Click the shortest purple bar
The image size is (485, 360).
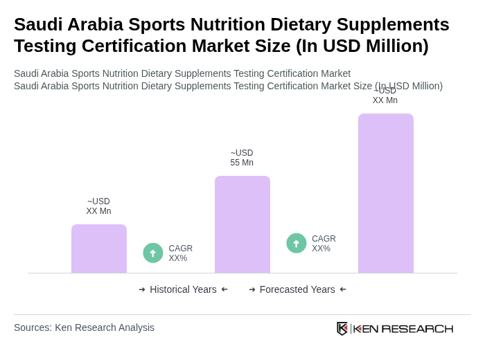(x=99, y=249)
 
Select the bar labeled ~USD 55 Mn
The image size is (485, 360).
(x=242, y=224)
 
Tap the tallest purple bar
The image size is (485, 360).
(x=386, y=193)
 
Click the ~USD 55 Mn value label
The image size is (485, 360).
(x=242, y=158)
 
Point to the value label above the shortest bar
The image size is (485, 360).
(x=98, y=206)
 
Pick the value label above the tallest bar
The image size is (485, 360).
(x=385, y=96)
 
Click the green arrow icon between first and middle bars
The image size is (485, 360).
(x=153, y=253)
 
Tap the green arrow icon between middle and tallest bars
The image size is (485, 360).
(x=297, y=243)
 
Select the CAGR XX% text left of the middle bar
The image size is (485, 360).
(x=180, y=253)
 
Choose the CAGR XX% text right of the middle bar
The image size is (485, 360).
(x=324, y=244)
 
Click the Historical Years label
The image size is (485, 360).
(x=183, y=289)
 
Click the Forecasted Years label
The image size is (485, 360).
(x=297, y=289)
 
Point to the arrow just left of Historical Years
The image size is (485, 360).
(x=142, y=289)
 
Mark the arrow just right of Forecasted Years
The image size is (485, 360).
(x=343, y=289)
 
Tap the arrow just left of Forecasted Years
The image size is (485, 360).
(x=252, y=289)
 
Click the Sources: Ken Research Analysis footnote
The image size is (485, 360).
(x=84, y=327)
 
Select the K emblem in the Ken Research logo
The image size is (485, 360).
(x=342, y=328)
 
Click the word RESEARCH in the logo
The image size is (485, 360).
(x=417, y=328)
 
